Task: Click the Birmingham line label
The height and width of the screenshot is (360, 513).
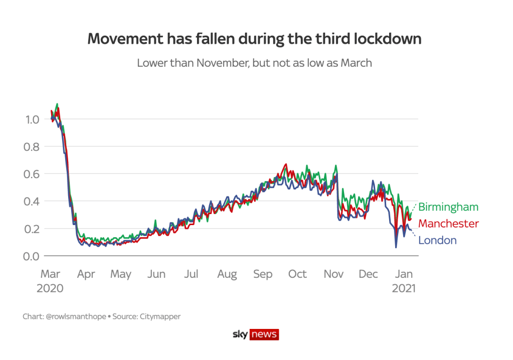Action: click(x=448, y=207)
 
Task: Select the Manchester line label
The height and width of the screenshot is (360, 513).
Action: click(x=448, y=224)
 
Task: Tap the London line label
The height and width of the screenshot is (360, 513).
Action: click(x=437, y=240)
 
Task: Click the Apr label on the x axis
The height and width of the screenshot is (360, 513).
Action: click(x=86, y=274)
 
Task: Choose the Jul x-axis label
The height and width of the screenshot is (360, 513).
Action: click(x=191, y=274)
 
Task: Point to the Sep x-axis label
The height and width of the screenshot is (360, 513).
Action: click(x=262, y=274)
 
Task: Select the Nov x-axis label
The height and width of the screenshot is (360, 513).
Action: click(x=333, y=274)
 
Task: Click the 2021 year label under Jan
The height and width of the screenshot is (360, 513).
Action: click(x=404, y=289)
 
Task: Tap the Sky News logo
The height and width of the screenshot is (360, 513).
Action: click(x=256, y=334)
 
